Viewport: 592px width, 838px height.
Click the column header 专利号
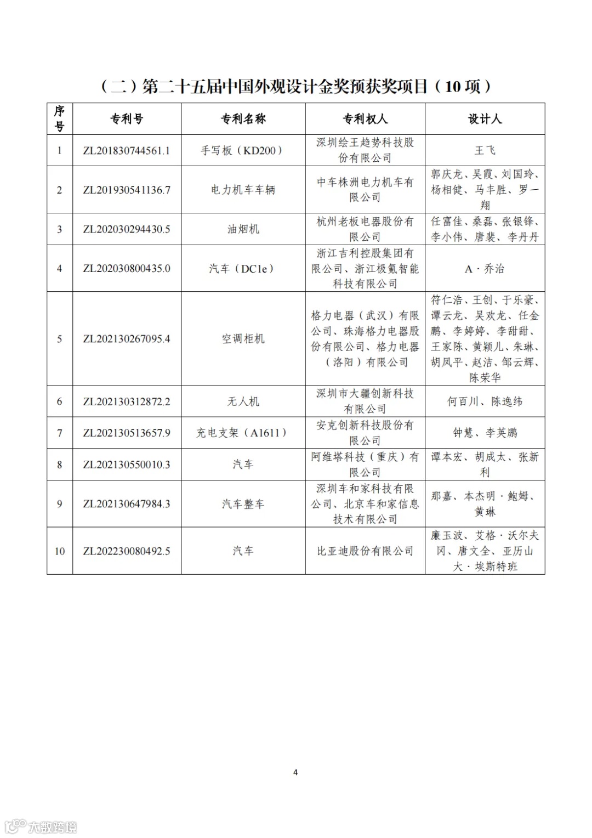pos(127,119)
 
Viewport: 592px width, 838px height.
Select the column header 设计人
pos(485,119)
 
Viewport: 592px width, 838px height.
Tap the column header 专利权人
pos(365,119)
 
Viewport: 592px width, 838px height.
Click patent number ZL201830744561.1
pos(127,151)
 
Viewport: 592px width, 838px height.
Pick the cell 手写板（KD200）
pos(243,151)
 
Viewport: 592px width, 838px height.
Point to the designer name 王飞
pos(485,151)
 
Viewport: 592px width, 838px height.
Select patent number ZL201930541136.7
pos(127,190)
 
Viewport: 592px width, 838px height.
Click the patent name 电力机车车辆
pos(243,190)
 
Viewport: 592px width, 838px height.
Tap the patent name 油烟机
pos(243,229)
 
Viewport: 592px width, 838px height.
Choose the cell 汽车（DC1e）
pos(243,269)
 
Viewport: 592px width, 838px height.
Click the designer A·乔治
pos(485,269)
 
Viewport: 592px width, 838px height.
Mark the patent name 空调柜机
pos(243,339)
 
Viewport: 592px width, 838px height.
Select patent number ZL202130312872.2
pos(127,402)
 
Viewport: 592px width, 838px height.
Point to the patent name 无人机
pos(243,402)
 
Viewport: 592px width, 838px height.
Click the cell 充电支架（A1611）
pos(243,433)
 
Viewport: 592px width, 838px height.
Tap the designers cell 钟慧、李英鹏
pos(485,433)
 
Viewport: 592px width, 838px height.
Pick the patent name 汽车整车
pos(243,504)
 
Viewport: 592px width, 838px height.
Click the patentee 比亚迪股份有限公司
pos(365,551)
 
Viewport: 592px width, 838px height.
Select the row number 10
pos(60,551)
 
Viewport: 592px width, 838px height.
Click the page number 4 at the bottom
pos(295,772)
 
